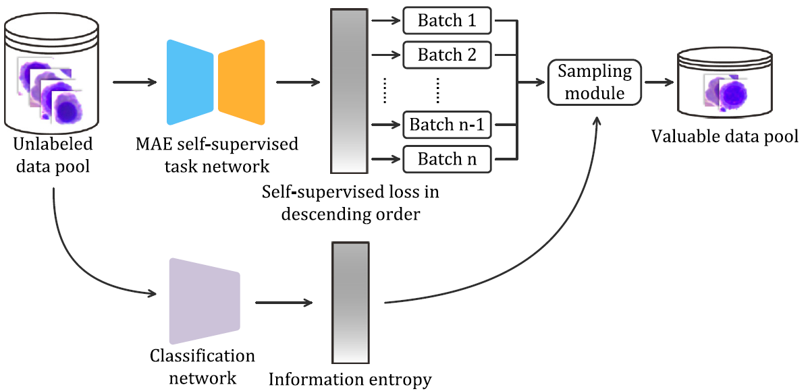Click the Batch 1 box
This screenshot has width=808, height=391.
click(x=447, y=21)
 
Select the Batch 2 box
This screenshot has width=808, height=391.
click(x=447, y=55)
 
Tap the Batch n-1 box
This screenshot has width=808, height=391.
click(x=447, y=125)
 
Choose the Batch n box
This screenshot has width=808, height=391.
click(x=447, y=160)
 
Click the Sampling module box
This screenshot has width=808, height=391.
click(x=594, y=82)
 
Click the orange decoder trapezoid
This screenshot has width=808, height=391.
click(x=242, y=82)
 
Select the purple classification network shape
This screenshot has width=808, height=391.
click(x=205, y=298)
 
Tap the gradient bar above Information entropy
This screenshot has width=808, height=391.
click(x=350, y=303)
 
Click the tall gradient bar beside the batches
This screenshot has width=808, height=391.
click(x=349, y=92)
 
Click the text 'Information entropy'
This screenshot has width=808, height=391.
click(x=350, y=380)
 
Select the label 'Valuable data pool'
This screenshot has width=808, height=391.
click(x=724, y=138)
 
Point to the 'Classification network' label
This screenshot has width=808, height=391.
click(x=203, y=366)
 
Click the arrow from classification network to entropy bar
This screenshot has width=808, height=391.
click(x=284, y=303)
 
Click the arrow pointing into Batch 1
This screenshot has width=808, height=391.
click(x=387, y=21)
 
